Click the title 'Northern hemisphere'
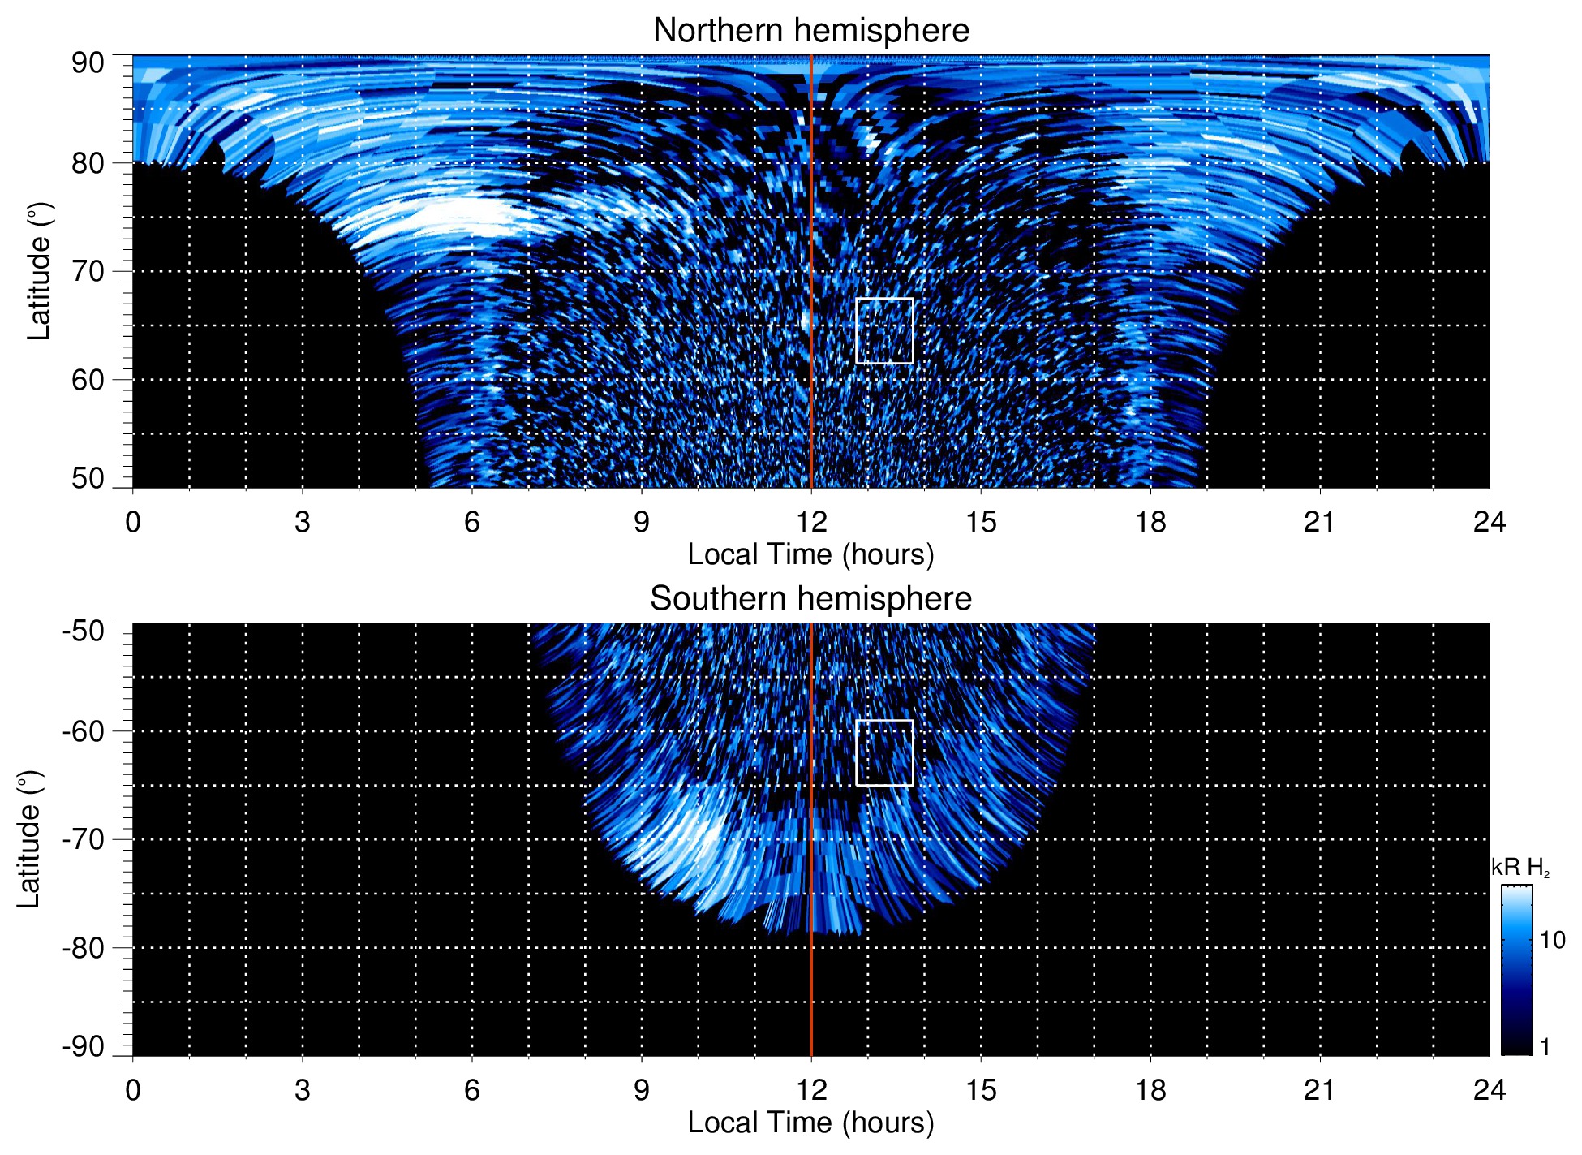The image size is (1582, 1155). coord(810,31)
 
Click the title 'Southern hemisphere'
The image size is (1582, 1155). coord(810,599)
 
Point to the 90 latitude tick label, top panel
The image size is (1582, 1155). coord(88,63)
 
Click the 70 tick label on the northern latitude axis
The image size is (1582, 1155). coord(88,271)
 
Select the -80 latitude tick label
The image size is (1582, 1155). coord(84,947)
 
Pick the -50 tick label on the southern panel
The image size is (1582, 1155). coord(84,631)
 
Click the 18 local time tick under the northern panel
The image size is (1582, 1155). coord(1150,522)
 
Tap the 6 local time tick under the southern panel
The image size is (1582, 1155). coord(472,1090)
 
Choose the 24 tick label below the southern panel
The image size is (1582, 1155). coord(1489,1090)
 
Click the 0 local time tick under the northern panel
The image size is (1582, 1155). coord(133,522)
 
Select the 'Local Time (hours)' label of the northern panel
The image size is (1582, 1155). coord(810,554)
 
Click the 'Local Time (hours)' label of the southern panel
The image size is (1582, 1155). coord(810,1123)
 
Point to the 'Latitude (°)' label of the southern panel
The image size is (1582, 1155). coord(29,839)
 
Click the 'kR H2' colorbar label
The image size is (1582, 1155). coord(1520,868)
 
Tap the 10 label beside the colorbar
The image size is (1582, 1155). coord(1552,940)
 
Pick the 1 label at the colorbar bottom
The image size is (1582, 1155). coord(1545,1047)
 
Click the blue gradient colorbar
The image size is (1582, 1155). coord(1516,970)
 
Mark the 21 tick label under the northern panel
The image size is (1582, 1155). coord(1320,522)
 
